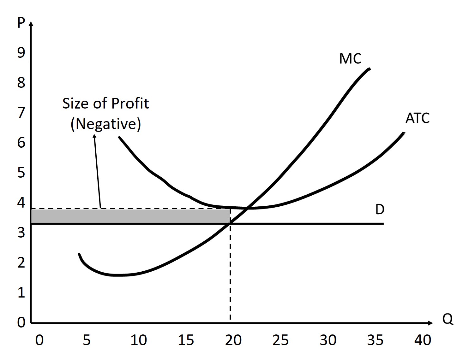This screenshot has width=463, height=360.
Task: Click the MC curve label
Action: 350,59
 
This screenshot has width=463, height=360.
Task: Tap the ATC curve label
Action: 417,118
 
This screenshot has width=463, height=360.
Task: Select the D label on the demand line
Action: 380,210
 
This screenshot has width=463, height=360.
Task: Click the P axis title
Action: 21,23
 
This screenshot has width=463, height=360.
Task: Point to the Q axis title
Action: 448,319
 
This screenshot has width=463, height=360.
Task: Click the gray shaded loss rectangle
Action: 130,216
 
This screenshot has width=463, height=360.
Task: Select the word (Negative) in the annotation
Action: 105,124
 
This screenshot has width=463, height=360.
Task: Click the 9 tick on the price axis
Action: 21,53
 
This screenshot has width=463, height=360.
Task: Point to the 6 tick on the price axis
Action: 21,143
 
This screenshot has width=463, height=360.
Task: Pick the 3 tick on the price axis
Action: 21,233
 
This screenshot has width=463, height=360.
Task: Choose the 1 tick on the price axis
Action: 21,293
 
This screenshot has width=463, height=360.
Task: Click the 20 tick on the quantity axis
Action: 233,340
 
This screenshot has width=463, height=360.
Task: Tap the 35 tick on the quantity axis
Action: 375,340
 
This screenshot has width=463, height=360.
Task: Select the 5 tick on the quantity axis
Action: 87,340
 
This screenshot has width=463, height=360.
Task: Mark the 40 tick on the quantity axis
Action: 423,340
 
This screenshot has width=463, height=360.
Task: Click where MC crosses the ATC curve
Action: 248,208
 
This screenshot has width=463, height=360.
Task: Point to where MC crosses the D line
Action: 231,223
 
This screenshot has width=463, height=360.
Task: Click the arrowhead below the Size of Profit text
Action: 94,136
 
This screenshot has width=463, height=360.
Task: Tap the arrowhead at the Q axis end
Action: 430,323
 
